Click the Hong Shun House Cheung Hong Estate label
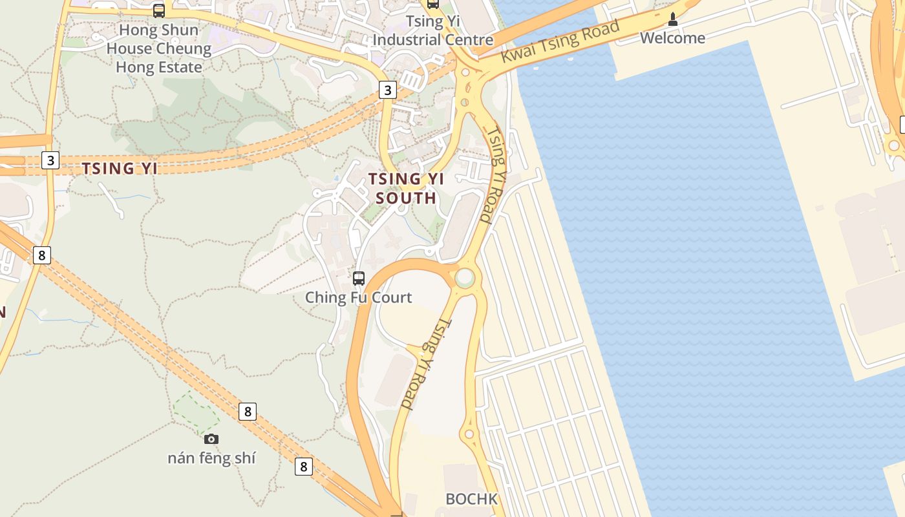click(x=158, y=48)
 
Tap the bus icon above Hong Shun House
click(x=159, y=10)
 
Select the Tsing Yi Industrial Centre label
click(x=433, y=30)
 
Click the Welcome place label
click(x=672, y=38)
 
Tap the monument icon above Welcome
click(x=673, y=19)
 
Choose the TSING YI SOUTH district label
click(x=406, y=188)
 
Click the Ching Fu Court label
click(x=358, y=297)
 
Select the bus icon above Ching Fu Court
click(x=359, y=279)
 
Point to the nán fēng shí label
click(x=211, y=458)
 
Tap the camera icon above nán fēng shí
click(x=211, y=439)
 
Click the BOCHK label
click(x=472, y=499)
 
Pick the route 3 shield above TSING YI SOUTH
click(x=387, y=90)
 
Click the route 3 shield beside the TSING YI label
click(x=50, y=160)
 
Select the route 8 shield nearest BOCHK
click(x=303, y=467)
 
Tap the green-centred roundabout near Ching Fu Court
click(x=464, y=278)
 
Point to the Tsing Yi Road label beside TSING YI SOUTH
click(x=495, y=174)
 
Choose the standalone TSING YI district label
click(x=120, y=169)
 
